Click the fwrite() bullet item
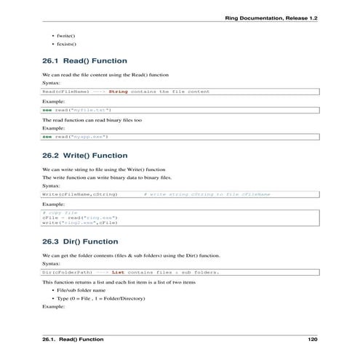point(64,36)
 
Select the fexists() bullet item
point(65,44)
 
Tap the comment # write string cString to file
point(207,195)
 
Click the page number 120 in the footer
point(313,340)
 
